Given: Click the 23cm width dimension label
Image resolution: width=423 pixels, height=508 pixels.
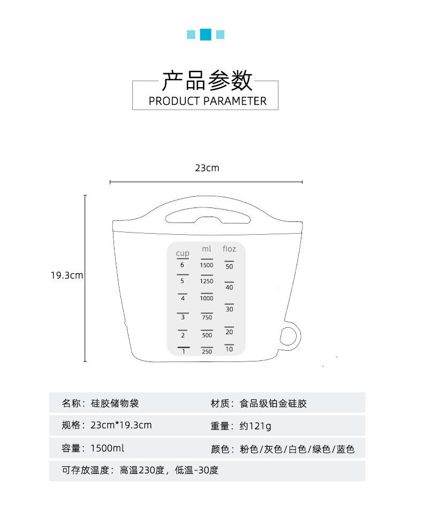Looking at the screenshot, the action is tap(207, 168).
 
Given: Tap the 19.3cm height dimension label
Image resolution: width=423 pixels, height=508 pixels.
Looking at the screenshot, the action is tap(67, 276).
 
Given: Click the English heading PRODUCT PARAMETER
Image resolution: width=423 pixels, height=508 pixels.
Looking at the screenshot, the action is tap(207, 101).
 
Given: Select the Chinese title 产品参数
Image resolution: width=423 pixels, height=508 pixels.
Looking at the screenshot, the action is tap(207, 81).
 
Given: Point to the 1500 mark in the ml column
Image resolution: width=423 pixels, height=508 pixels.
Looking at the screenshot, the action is tap(207, 265).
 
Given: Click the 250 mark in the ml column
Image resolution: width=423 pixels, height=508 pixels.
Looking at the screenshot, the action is tap(207, 352).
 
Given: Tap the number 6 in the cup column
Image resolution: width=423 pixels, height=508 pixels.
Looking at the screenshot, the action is tap(182, 265).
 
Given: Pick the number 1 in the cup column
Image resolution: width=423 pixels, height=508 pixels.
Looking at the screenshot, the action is tap(183, 351).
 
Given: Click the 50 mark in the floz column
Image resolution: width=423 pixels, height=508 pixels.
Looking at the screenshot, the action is tap(229, 266).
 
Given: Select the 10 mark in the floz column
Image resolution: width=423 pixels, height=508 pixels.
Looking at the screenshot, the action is tap(229, 349).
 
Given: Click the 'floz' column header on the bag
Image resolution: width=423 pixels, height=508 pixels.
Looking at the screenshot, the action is tap(229, 249).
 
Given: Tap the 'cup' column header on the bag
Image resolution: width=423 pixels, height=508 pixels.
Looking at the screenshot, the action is tap(183, 253).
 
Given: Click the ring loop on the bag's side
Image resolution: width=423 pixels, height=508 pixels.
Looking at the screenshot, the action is tap(289, 336).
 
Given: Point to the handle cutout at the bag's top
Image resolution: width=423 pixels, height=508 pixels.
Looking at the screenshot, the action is tap(207, 218).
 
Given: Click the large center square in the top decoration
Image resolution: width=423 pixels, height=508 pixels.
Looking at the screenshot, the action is tap(206, 34).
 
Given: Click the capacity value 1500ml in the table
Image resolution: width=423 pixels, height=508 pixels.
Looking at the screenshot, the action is tap(107, 448).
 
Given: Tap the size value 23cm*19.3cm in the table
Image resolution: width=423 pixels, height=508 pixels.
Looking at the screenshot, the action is tap(121, 426).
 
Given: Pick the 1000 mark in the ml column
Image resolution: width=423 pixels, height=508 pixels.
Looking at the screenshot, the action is tap(207, 298).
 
